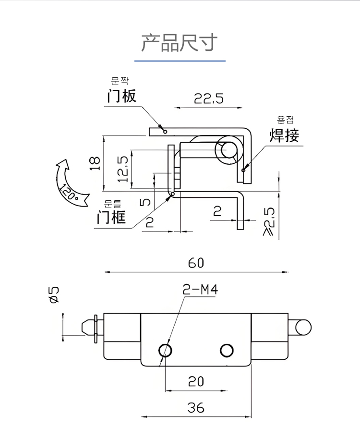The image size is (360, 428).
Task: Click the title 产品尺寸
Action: tap(180, 43)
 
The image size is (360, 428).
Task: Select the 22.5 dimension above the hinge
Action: tap(209, 98)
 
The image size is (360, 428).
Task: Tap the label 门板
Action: tap(122, 96)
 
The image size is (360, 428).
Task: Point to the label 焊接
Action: tap(284, 135)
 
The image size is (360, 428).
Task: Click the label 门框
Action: tap(111, 218)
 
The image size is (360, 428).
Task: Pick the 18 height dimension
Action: tap(95, 163)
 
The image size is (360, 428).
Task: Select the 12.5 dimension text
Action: tap(123, 169)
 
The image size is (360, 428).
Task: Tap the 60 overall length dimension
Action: tap(196, 263)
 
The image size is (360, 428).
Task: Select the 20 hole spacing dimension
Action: tap(195, 381)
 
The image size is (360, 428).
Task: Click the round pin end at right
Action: tap(303, 327)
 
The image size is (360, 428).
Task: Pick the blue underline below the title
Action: tap(180, 61)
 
